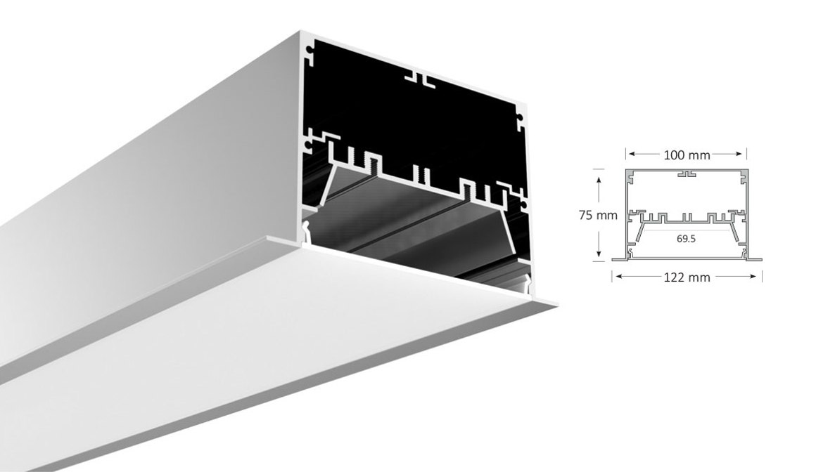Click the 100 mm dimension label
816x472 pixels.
tap(687, 155)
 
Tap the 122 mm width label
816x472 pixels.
tap(687, 277)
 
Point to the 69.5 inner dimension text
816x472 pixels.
tap(687, 239)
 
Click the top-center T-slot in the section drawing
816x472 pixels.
tap(687, 173)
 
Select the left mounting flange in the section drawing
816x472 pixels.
tap(619, 259)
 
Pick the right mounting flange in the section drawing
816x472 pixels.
tap(755, 259)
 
